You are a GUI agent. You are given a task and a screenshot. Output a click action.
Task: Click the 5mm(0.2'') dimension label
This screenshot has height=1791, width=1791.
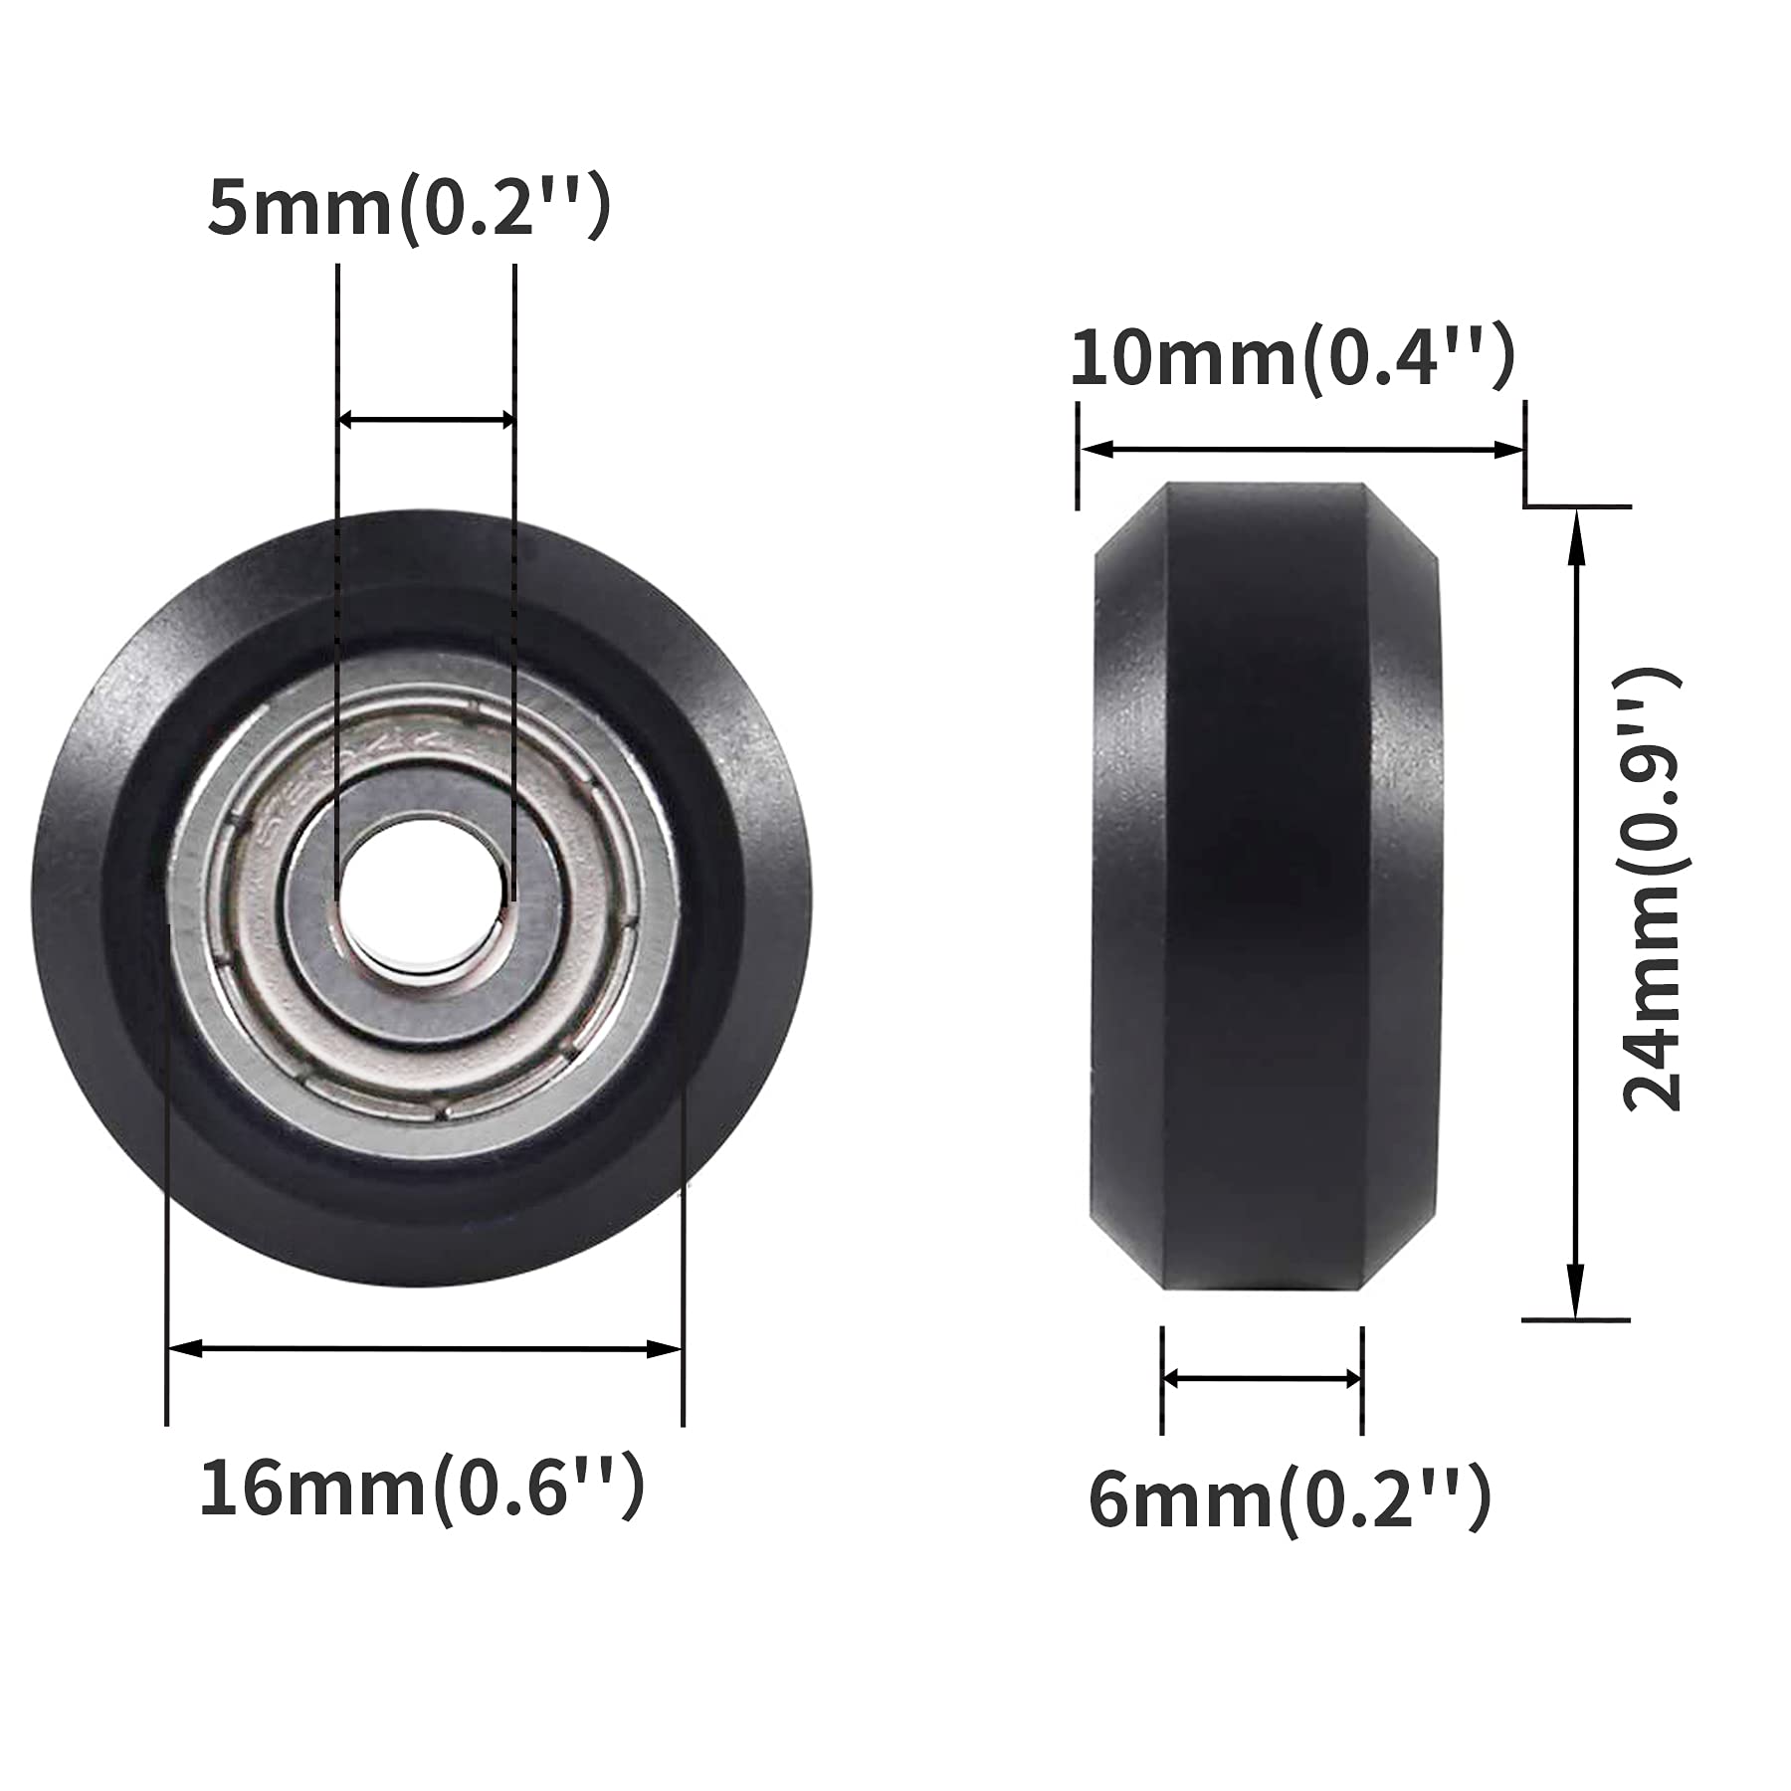point(408,209)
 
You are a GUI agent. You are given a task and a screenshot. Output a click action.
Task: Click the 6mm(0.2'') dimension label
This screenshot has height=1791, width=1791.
point(1290,1500)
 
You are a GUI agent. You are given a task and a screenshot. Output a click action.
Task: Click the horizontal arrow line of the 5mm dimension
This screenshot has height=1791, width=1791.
point(426,420)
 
